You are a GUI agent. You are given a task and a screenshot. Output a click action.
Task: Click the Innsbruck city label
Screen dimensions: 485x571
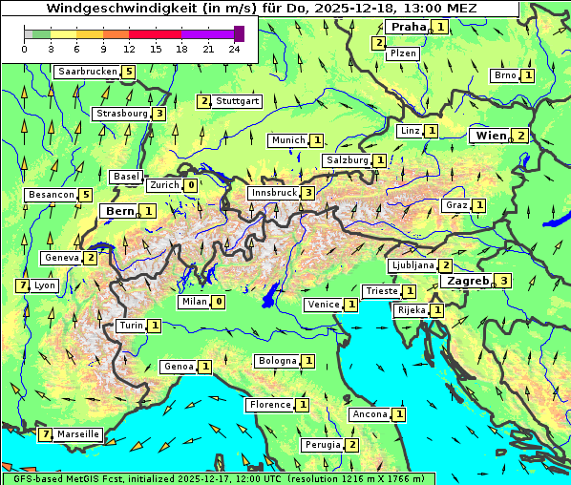click(x=273, y=193)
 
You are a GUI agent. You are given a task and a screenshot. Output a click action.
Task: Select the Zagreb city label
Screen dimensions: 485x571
click(x=468, y=281)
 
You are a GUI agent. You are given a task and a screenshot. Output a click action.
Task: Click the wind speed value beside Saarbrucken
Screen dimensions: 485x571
click(x=128, y=72)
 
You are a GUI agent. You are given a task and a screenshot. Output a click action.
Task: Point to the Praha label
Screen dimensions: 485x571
click(x=409, y=27)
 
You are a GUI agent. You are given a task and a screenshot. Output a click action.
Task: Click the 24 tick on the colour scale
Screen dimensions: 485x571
click(x=234, y=49)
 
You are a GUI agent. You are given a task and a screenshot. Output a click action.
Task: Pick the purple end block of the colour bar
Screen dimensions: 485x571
click(x=239, y=33)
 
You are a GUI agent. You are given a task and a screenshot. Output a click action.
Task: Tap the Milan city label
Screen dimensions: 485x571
click(x=194, y=302)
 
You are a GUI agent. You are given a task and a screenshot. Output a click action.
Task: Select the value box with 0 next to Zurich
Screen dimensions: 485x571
click(x=191, y=185)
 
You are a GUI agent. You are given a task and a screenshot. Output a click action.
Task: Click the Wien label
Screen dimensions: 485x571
click(x=491, y=136)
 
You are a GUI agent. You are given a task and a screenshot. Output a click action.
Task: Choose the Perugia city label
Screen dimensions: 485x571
click(x=322, y=445)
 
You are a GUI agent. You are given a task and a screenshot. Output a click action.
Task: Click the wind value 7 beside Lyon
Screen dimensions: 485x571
click(x=22, y=285)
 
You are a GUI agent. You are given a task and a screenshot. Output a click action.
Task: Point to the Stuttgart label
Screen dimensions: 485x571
click(x=237, y=101)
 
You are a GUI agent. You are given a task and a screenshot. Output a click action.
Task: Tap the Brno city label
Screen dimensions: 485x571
click(x=504, y=75)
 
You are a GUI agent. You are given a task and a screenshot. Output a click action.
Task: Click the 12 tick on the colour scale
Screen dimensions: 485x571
click(x=129, y=49)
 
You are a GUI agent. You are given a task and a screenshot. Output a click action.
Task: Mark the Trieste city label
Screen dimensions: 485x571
click(x=382, y=291)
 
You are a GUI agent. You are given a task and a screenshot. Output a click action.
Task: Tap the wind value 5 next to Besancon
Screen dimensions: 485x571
click(x=85, y=195)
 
